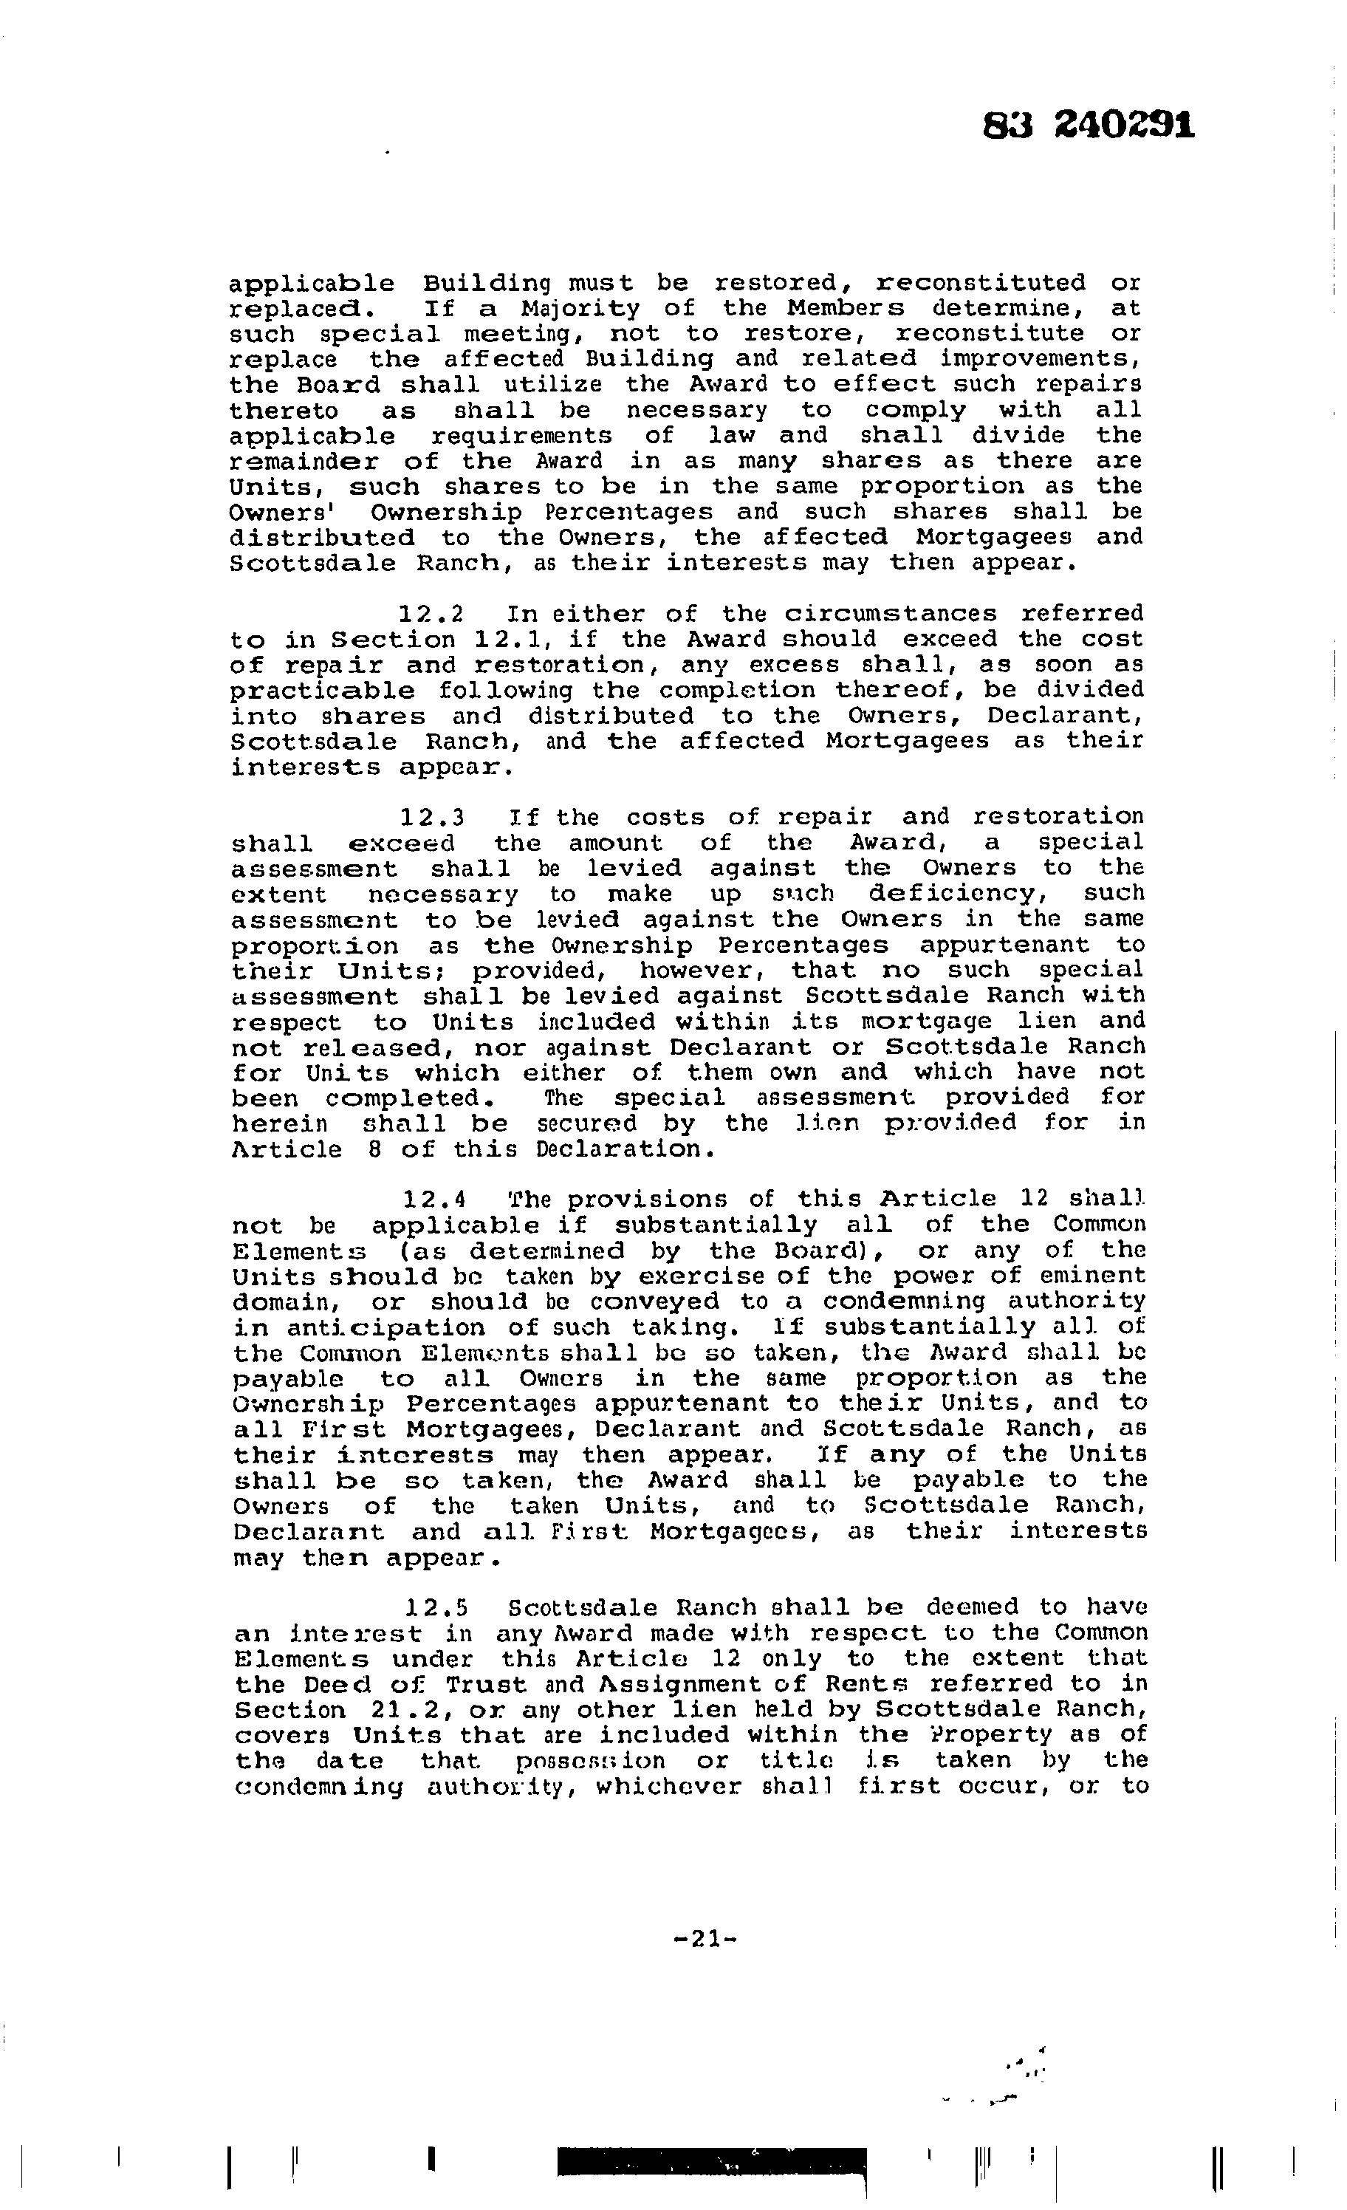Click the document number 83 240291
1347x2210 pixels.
click(x=1089, y=126)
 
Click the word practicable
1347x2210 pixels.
click(x=322, y=691)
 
